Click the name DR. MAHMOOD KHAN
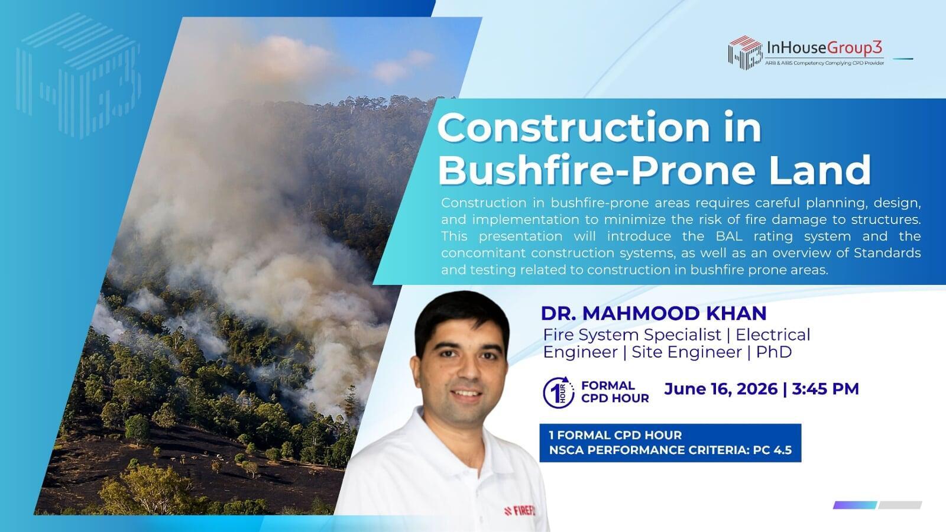pos(654,313)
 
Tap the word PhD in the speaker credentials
pos(774,352)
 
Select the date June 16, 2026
pos(721,389)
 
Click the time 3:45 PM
pos(825,389)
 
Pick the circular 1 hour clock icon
pos(558,392)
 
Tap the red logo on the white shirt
pos(520,511)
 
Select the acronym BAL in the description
pos(729,236)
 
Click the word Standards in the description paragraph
pos(887,253)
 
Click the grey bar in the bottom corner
pos(900,505)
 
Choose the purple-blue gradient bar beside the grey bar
pos(855,505)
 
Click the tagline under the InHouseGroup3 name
pos(824,63)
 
